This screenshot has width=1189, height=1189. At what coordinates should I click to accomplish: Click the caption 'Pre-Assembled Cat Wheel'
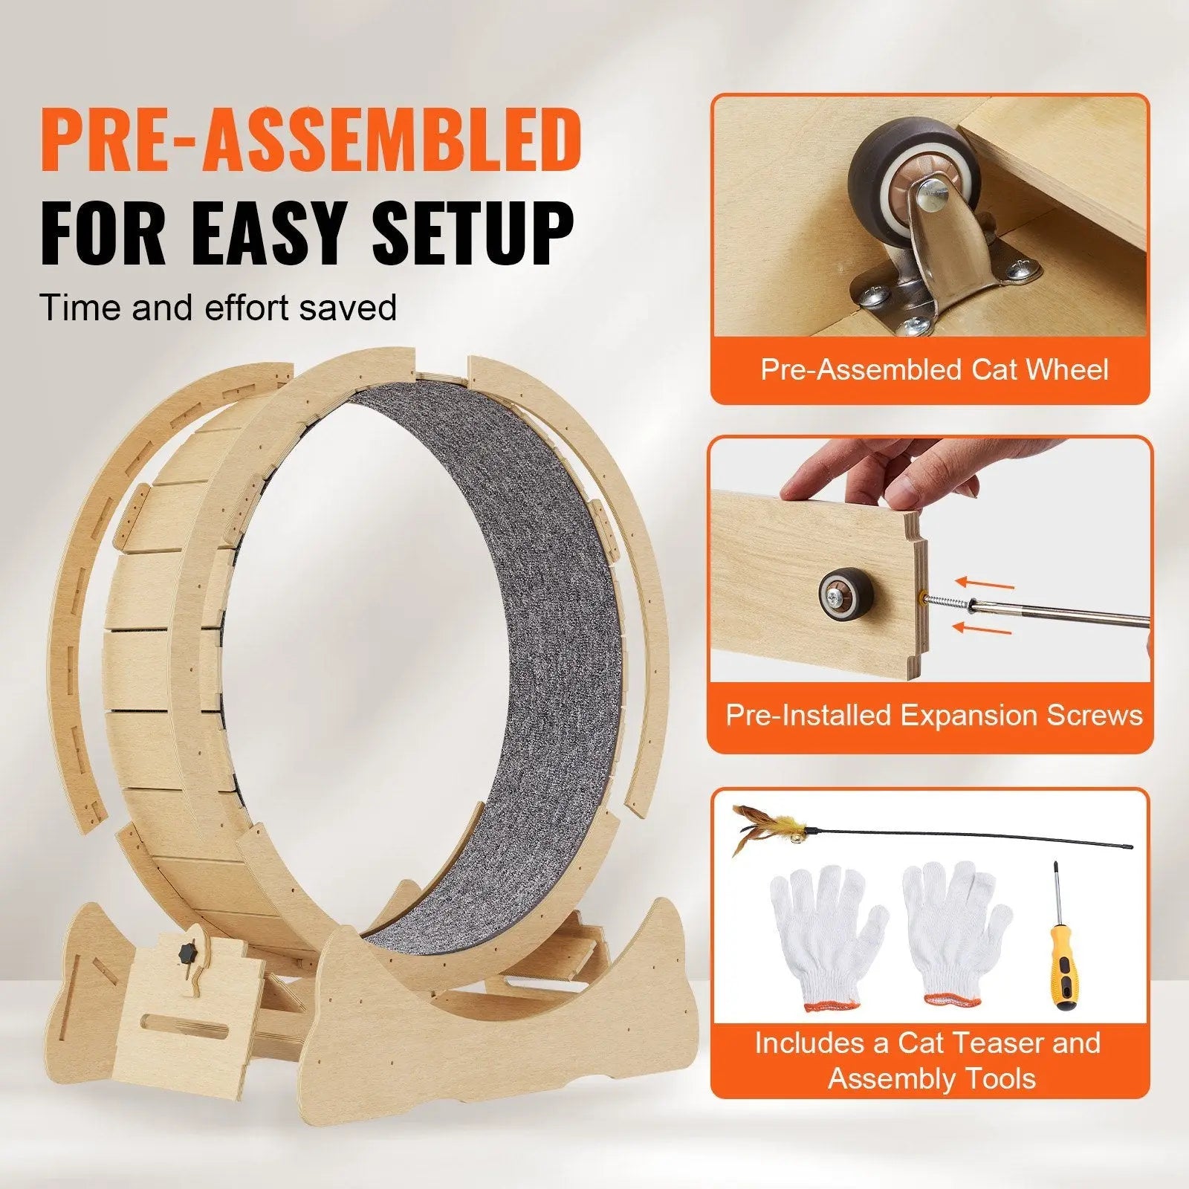tap(933, 369)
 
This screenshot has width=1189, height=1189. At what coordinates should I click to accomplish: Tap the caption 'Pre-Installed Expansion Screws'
tap(933, 715)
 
